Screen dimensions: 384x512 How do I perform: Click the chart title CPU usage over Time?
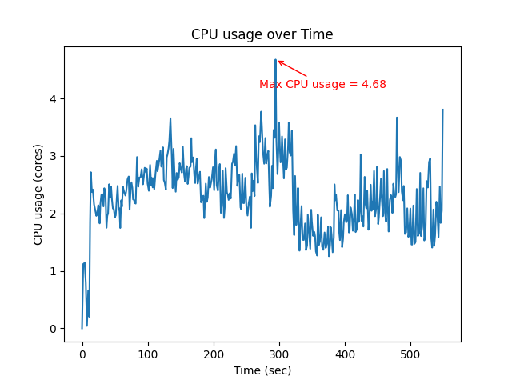(x=262, y=34)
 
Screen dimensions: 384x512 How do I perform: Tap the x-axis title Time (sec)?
(x=262, y=370)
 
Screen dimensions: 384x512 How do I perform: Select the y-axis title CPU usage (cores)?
(x=38, y=194)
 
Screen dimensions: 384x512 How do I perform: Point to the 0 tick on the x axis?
(x=82, y=353)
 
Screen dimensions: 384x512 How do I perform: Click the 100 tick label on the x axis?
(x=148, y=353)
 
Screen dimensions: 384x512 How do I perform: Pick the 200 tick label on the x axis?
(x=214, y=353)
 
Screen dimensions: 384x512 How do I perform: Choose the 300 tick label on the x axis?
(x=279, y=353)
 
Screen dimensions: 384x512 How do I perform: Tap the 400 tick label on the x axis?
(x=345, y=353)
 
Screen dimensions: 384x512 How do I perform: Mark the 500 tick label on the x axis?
(x=410, y=353)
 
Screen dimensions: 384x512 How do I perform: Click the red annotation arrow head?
(x=278, y=61)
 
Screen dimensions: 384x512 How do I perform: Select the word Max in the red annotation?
(x=270, y=84)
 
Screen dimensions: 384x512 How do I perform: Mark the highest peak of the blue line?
(x=275, y=59)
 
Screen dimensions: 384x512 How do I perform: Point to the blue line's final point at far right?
(x=442, y=110)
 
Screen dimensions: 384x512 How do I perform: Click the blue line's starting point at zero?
(x=82, y=328)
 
